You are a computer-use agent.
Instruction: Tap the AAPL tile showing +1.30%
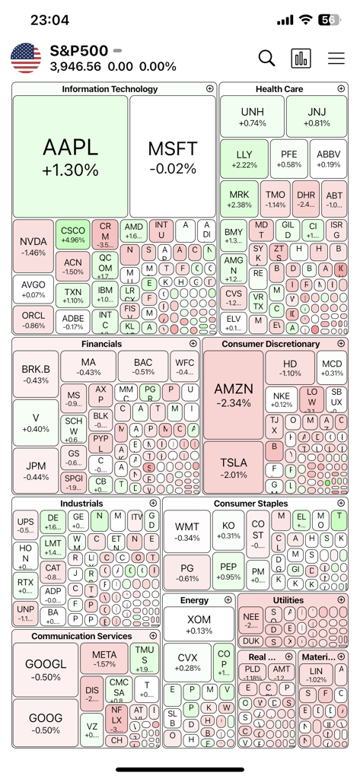pyautogui.click(x=70, y=157)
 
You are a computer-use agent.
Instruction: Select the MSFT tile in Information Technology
pyautogui.click(x=172, y=157)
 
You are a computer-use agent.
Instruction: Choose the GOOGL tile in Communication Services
pyautogui.click(x=45, y=669)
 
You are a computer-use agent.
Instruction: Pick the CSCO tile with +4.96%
pyautogui.click(x=72, y=234)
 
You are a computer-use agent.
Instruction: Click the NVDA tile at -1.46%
pyautogui.click(x=33, y=246)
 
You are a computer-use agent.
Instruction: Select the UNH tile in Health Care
pyautogui.click(x=252, y=116)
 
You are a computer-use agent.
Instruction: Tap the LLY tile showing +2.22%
pyautogui.click(x=244, y=159)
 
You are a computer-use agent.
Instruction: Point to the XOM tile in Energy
pyautogui.click(x=199, y=625)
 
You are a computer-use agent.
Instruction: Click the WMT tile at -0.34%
pyautogui.click(x=187, y=532)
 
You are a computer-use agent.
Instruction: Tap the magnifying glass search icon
pyautogui.click(x=266, y=58)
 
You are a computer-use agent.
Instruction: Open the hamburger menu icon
pyautogui.click(x=336, y=59)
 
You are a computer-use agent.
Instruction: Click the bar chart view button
pyautogui.click(x=301, y=59)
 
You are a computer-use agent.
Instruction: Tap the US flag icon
pyautogui.click(x=26, y=59)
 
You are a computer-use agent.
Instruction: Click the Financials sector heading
pyautogui.click(x=102, y=344)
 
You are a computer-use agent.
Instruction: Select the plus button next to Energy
pyautogui.click(x=228, y=600)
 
